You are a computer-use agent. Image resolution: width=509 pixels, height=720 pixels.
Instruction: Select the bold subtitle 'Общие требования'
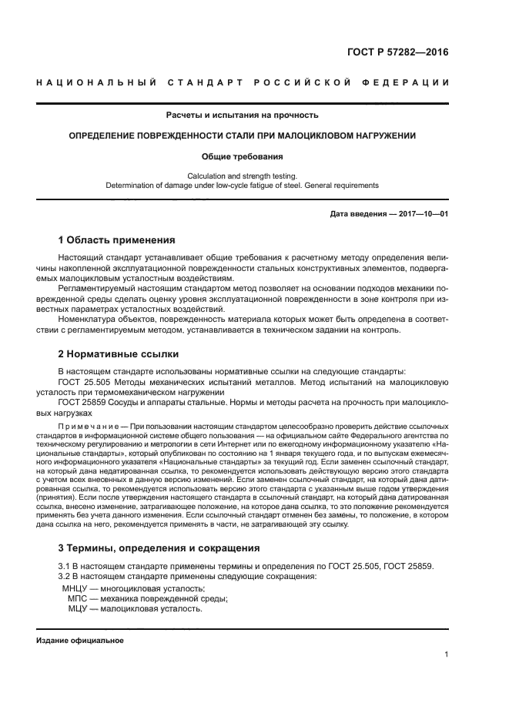tap(243, 156)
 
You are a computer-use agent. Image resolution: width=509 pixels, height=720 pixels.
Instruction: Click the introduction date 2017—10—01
tap(411, 213)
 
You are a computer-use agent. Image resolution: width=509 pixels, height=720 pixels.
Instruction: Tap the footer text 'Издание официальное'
tap(79, 640)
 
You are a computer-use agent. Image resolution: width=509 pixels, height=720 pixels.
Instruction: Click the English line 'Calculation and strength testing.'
tap(243, 176)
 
